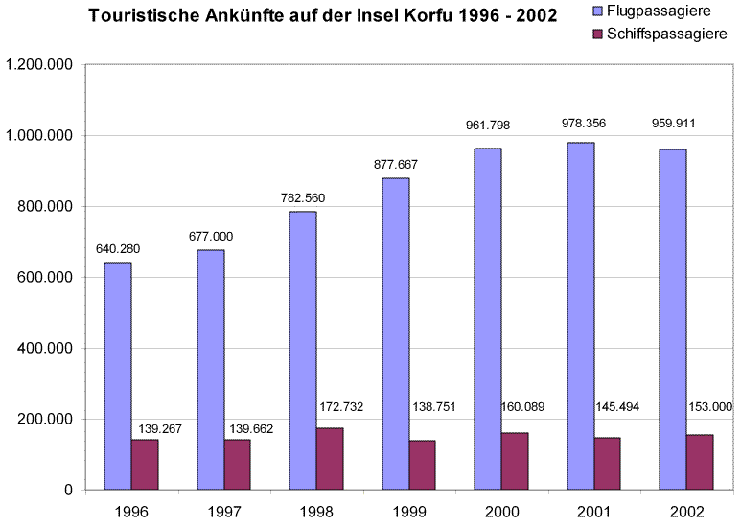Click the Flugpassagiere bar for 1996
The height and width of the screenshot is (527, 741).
[x=118, y=376]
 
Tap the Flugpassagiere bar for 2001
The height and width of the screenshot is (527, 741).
[x=580, y=316]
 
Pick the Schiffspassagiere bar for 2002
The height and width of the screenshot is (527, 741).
[x=700, y=462]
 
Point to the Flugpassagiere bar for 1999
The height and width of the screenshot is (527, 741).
[x=395, y=333]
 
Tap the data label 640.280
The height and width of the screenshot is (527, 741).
[x=118, y=250]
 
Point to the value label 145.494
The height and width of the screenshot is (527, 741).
[x=618, y=407]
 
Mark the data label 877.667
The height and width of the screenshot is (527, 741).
[x=396, y=165]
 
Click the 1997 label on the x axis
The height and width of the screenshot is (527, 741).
[x=223, y=510]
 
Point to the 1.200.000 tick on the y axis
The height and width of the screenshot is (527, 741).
[x=40, y=65]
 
